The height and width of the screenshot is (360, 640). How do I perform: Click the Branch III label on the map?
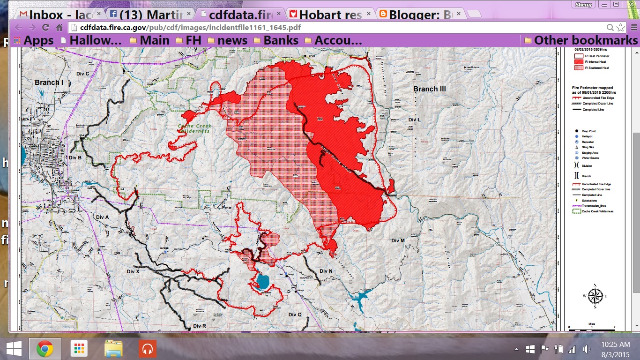point(429,89)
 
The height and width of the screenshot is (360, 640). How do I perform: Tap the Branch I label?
point(49,82)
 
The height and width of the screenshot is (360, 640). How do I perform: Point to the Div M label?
point(398,240)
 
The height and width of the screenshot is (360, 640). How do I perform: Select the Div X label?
point(134,271)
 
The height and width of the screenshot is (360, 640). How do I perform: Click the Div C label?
point(83,74)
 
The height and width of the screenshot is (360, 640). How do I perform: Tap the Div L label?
point(415,120)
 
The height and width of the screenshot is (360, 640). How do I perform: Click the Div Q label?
point(295,315)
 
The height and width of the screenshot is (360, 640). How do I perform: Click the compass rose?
point(595,296)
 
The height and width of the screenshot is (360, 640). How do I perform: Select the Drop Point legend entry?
point(588,131)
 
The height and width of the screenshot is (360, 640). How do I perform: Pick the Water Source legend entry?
point(589,158)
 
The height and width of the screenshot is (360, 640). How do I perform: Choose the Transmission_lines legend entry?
point(593,206)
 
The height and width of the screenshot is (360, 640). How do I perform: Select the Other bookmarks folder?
point(580,40)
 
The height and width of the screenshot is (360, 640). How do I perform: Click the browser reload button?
point(45,27)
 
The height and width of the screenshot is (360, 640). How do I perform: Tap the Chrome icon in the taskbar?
point(45,349)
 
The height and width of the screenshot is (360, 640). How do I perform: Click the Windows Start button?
point(13,349)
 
